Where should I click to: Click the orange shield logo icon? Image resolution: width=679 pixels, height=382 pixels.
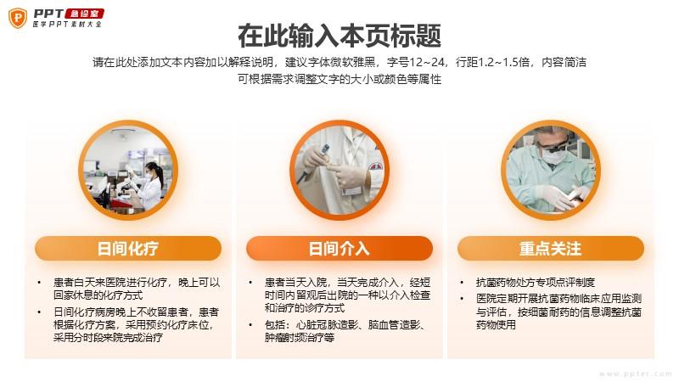coord(18,18)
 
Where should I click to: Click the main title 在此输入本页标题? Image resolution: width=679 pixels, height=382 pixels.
coord(339,36)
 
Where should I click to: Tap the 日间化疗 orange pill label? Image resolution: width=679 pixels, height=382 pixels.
coord(128,248)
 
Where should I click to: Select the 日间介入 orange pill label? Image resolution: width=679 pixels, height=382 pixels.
coord(339,248)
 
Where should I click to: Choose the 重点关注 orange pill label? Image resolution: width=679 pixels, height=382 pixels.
coord(551,248)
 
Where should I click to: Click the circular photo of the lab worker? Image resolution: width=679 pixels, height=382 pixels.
coord(128,170)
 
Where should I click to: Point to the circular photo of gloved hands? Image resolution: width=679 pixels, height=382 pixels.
coord(339,170)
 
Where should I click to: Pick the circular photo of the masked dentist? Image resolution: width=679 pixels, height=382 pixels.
coord(551,170)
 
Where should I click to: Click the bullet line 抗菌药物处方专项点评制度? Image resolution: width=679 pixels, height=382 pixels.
coord(536,283)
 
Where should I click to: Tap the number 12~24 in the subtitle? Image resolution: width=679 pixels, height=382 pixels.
coord(427,62)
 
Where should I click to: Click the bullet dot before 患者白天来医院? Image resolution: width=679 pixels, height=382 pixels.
coord(39,283)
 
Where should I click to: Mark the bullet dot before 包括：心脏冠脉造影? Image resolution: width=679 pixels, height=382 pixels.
coord(250,324)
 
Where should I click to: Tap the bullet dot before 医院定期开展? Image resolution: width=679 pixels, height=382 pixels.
coord(462,299)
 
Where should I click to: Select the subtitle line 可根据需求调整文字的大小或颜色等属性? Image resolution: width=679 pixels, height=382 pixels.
coord(339,79)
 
